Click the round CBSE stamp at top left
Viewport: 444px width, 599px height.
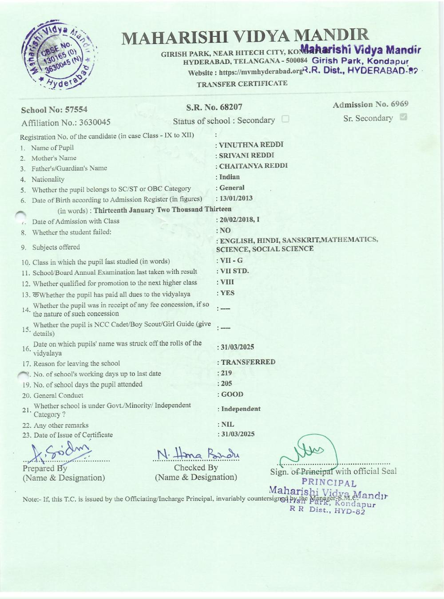[60, 55]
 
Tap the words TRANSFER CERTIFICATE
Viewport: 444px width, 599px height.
[242, 84]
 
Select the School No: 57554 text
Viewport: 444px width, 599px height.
[54, 110]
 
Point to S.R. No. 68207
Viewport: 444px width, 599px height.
[214, 107]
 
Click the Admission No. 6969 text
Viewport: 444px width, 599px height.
[370, 105]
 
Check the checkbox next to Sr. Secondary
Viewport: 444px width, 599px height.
[404, 118]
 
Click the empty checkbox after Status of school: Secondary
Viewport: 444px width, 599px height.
[285, 119]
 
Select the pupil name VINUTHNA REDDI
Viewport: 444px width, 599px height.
[251, 145]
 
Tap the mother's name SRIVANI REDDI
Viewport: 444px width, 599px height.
[246, 155]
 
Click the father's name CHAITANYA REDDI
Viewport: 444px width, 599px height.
[254, 166]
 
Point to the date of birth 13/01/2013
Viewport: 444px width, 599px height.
[236, 198]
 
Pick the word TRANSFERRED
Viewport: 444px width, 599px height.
[248, 362]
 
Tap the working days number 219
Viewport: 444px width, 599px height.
[226, 373]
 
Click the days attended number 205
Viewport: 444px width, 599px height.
[226, 383]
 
